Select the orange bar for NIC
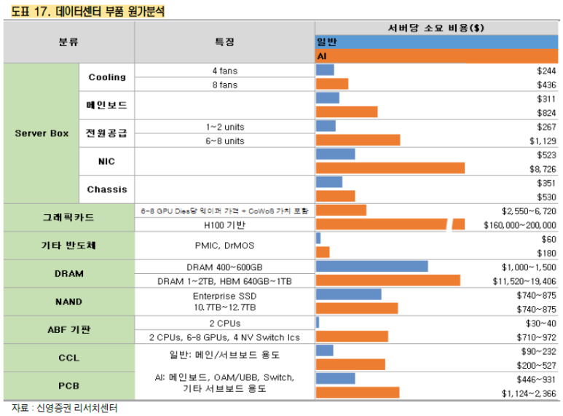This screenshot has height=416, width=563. coord(390,168)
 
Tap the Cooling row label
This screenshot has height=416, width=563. coord(107,77)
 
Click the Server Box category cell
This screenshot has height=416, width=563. coord(41,133)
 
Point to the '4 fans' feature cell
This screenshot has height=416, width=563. coord(224,71)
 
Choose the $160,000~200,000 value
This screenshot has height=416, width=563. coord(519,225)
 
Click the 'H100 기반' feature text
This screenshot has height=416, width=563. coord(224,225)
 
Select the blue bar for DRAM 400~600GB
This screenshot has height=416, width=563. coord(372,267)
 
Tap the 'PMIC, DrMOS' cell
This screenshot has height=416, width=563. coord(224,246)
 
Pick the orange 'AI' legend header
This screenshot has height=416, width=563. coord(437,56)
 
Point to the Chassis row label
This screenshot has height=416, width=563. coord(107,189)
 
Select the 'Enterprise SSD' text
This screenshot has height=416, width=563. coord(224,296)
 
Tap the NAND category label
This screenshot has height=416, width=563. coord(68,302)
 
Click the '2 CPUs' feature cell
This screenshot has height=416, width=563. coord(224,323)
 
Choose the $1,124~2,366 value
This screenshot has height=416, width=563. coord(529,393)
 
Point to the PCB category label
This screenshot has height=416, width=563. coord(68,385)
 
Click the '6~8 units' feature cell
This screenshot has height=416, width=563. coord(224,141)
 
